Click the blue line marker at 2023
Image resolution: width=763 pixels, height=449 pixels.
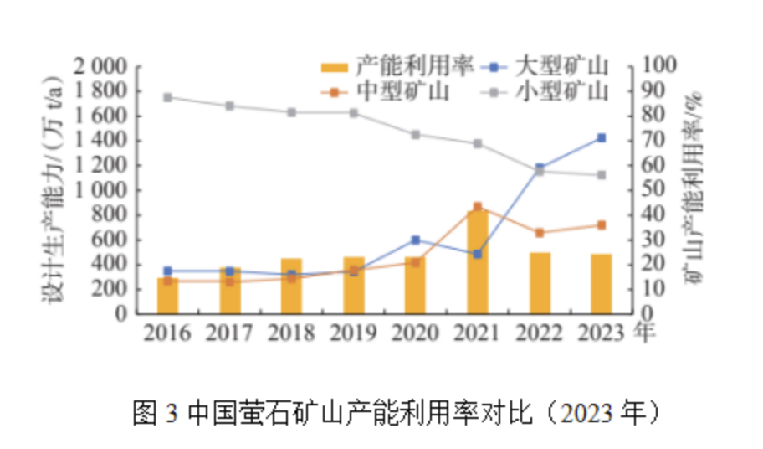(x=601, y=138)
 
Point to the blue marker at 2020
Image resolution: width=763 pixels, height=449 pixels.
(x=415, y=240)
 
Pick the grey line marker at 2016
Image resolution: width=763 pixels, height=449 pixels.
(x=167, y=97)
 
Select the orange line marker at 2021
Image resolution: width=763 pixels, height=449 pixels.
(x=478, y=206)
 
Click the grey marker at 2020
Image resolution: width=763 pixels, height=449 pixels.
(x=415, y=134)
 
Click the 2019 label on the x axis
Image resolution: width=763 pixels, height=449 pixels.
(x=352, y=333)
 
